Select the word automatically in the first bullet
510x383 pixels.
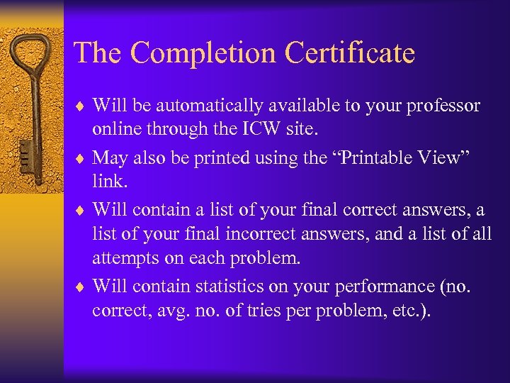click(x=210, y=106)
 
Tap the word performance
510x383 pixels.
click(x=384, y=286)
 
